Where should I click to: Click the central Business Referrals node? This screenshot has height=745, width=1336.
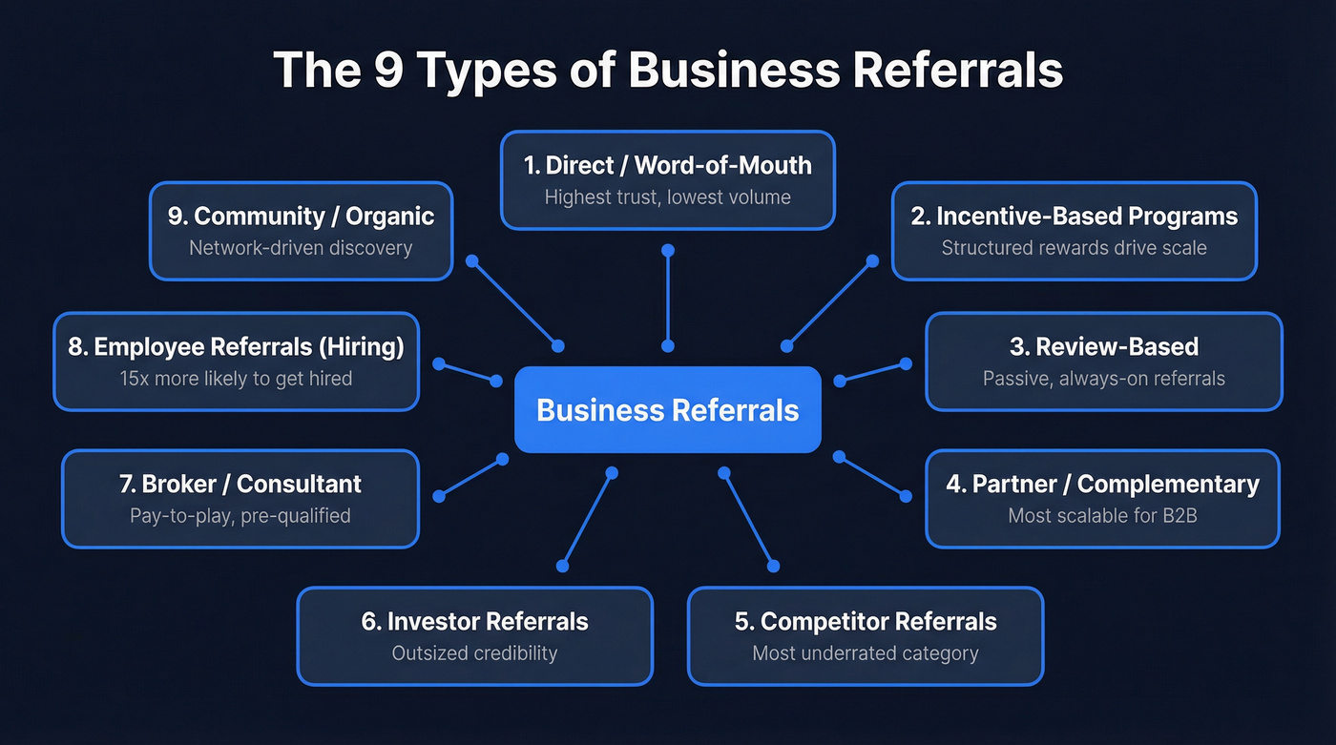[668, 410]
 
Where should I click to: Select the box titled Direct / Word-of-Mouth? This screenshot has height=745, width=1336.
[668, 180]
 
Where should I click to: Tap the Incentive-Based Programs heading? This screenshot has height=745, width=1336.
[1074, 217]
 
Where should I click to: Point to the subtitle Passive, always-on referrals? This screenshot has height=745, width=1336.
[1103, 379]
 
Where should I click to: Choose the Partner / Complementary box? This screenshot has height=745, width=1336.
[1102, 499]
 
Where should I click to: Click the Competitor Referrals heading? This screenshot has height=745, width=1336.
[866, 622]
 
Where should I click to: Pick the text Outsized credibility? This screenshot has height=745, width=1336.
[474, 653]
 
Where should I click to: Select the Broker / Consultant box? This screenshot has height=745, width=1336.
[240, 499]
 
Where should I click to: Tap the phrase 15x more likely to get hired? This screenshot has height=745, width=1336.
[236, 379]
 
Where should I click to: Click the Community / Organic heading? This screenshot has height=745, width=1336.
[301, 217]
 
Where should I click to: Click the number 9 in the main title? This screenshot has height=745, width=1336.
[387, 71]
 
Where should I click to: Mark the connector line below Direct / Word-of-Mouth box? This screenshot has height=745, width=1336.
[668, 298]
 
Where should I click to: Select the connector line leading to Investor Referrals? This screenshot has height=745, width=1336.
[587, 520]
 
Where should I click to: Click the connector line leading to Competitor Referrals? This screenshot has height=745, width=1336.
[748, 520]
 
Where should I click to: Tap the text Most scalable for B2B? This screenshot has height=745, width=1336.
[1102, 516]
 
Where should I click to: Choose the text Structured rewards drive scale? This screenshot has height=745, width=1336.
[1074, 248]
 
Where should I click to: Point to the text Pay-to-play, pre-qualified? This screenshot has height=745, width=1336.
[240, 516]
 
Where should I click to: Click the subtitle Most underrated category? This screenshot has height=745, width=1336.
[866, 653]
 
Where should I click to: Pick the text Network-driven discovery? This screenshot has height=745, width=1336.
[301, 248]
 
